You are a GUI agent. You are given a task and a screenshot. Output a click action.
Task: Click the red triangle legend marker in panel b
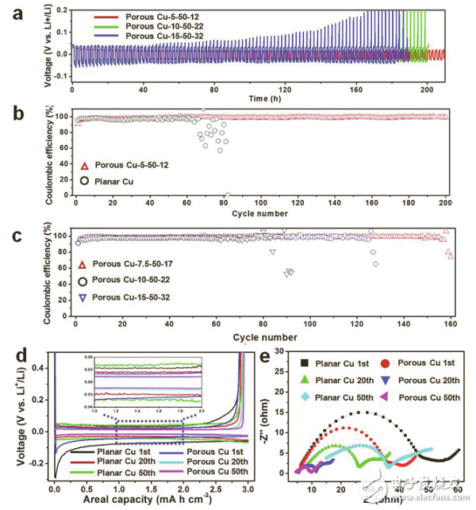pos(81,166)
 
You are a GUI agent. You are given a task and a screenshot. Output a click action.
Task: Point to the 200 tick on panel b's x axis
pos(447,204)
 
